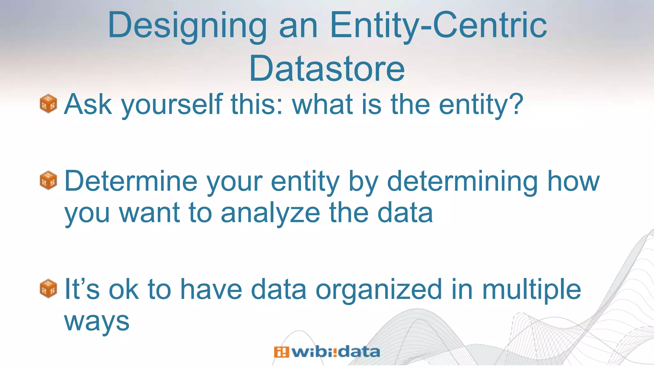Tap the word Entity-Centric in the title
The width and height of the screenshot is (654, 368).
(438, 26)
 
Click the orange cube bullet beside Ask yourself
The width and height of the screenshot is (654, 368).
(48, 103)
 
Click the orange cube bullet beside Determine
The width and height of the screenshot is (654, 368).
(48, 180)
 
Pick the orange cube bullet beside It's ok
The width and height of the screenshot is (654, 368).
(48, 288)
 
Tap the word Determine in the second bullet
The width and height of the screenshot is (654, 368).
(131, 181)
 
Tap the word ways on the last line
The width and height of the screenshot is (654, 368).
(97, 321)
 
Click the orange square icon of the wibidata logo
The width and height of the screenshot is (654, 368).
(281, 352)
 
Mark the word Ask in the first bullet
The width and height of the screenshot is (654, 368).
(88, 104)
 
